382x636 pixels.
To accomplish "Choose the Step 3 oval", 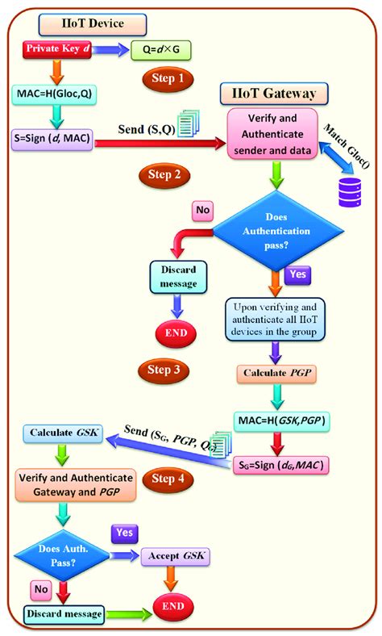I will [x=164, y=370].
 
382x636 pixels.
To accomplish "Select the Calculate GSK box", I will [x=63, y=433].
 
